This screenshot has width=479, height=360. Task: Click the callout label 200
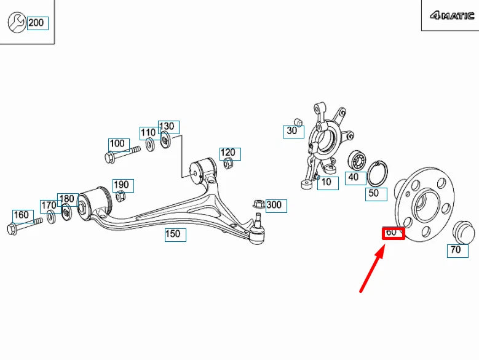(x=36, y=23)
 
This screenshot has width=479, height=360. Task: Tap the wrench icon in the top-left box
(x=16, y=23)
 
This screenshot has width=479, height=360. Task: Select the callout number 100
(x=117, y=143)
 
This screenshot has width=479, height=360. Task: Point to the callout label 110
(x=148, y=133)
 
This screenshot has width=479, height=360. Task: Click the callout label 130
(x=167, y=127)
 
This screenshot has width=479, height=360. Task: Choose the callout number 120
(x=228, y=153)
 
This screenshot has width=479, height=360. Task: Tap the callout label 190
(x=122, y=185)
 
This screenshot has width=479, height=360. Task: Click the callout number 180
(x=66, y=199)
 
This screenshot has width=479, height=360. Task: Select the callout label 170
(x=49, y=206)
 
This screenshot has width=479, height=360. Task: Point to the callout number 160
(x=21, y=215)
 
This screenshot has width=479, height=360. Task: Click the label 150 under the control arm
(x=175, y=234)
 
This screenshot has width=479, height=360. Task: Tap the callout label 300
(x=274, y=206)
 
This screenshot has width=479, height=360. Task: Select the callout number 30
(x=292, y=131)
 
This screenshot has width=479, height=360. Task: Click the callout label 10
(x=326, y=182)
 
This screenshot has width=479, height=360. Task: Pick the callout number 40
(x=354, y=177)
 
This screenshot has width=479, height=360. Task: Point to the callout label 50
(x=373, y=193)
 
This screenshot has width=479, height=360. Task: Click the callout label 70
(x=456, y=250)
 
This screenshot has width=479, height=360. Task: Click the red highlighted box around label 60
(x=393, y=233)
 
